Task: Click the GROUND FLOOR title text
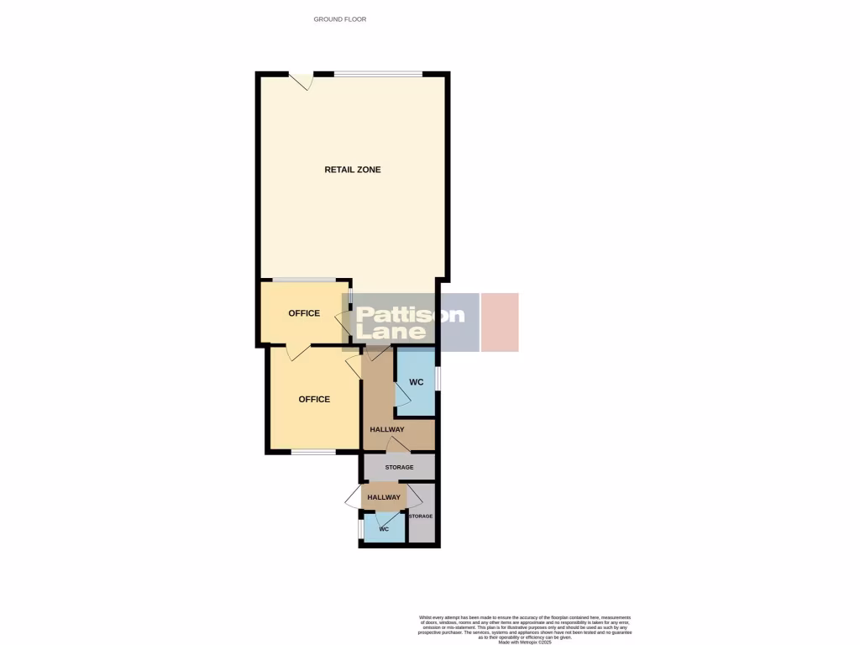pyautogui.click(x=340, y=18)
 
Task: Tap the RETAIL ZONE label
pyautogui.click(x=353, y=170)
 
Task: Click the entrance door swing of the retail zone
pyautogui.click(x=302, y=81)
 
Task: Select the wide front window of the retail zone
pyautogui.click(x=378, y=74)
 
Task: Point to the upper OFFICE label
pyautogui.click(x=304, y=313)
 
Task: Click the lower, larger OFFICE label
pyautogui.click(x=314, y=399)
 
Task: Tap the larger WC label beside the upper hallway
pyautogui.click(x=416, y=382)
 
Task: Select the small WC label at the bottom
pyautogui.click(x=384, y=529)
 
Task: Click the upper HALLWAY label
pyautogui.click(x=386, y=430)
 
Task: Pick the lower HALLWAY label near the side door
pyautogui.click(x=384, y=497)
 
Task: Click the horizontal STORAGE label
pyautogui.click(x=399, y=467)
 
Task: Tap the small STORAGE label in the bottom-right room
pyautogui.click(x=421, y=516)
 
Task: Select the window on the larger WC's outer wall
pyautogui.click(x=438, y=378)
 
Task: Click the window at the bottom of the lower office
pyautogui.click(x=313, y=453)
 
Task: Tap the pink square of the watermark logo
pyautogui.click(x=500, y=322)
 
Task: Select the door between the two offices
pyautogui.click(x=296, y=352)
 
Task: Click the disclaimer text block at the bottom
pyautogui.click(x=525, y=628)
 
